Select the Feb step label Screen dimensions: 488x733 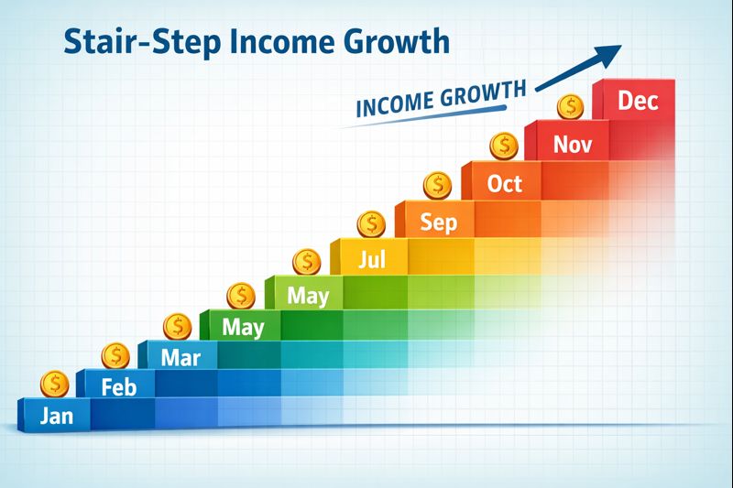pyautogui.click(x=117, y=386)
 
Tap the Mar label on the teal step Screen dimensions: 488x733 pyautogui.click(x=180, y=357)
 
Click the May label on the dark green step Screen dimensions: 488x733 pyautogui.click(x=243, y=327)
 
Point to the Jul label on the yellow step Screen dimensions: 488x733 pyautogui.click(x=371, y=260)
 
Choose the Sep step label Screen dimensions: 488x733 pyautogui.click(x=437, y=222)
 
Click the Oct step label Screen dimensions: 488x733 pyautogui.click(x=504, y=183)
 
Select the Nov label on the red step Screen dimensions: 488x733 pyautogui.click(x=572, y=144)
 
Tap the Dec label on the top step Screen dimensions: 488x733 pyautogui.click(x=638, y=101)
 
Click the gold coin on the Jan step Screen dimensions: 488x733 pyautogui.click(x=55, y=383)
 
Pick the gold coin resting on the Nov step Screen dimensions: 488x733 pyautogui.click(x=569, y=106)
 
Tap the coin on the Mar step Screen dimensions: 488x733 pyautogui.click(x=177, y=325)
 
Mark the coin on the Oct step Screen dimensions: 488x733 pyautogui.click(x=503, y=145)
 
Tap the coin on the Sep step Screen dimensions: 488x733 pyautogui.click(x=437, y=185)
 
